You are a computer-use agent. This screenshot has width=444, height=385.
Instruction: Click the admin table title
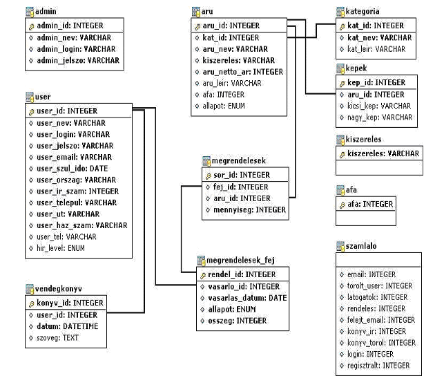pyautogui.click(x=46, y=11)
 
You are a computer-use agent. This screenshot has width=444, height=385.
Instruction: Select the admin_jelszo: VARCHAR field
pyautogui.click(x=78, y=60)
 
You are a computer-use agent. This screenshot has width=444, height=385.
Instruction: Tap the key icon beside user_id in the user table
pyautogui.click(x=31, y=112)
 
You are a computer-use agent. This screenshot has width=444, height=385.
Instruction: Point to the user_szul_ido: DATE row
pyautogui.click(x=73, y=169)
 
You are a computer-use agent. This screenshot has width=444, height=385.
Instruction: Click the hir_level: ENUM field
pyautogui.click(x=61, y=248)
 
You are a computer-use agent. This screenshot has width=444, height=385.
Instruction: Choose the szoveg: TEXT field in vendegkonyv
pyautogui.click(x=57, y=338)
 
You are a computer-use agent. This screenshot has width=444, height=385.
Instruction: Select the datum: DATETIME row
pyautogui.click(x=68, y=326)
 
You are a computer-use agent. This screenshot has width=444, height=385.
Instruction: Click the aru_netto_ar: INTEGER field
pyautogui.click(x=242, y=72)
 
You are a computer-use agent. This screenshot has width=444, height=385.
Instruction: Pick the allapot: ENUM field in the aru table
pyautogui.click(x=224, y=106)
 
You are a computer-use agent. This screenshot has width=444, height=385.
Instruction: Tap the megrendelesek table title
pyautogui.click(x=239, y=161)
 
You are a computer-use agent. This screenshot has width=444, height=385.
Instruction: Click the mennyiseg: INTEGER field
pyautogui.click(x=249, y=210)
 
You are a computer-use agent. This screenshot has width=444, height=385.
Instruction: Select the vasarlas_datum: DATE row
pyautogui.click(x=247, y=298)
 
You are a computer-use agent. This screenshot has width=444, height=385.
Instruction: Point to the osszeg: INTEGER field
pyautogui.click(x=238, y=321)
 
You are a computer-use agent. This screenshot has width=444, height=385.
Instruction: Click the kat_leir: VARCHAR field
pyautogui.click(x=376, y=49)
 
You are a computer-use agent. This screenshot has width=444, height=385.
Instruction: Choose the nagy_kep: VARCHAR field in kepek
pyautogui.click(x=380, y=118)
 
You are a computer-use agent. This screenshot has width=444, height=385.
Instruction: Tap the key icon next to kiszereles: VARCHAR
pyautogui.click(x=342, y=155)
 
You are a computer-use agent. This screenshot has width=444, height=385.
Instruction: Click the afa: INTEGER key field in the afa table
pyautogui.click(x=370, y=204)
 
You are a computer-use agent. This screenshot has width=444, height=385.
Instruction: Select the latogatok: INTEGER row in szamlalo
pyautogui.click(x=377, y=297)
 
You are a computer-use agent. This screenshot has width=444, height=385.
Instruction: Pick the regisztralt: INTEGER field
pyautogui.click(x=378, y=366)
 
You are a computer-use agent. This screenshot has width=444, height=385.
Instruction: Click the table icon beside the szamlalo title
pyautogui.click(x=340, y=246)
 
